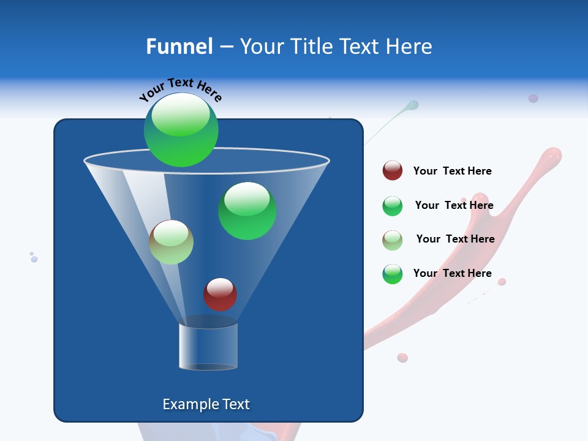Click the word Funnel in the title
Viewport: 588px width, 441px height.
click(x=179, y=47)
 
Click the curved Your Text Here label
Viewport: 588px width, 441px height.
click(x=181, y=89)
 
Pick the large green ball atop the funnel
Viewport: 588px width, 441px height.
click(x=181, y=130)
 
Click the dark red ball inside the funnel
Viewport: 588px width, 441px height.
click(x=220, y=294)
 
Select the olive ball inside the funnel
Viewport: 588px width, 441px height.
click(x=171, y=242)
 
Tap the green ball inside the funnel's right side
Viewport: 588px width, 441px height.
click(x=247, y=211)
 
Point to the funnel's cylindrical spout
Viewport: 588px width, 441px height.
click(x=208, y=346)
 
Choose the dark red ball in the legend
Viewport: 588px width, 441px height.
click(x=393, y=170)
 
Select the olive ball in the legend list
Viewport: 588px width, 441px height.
click(x=393, y=240)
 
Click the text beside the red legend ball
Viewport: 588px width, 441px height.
click(x=452, y=171)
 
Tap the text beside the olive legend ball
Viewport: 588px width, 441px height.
click(x=455, y=239)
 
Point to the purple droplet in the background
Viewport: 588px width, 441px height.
click(x=533, y=98)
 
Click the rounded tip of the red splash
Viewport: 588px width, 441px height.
click(x=552, y=154)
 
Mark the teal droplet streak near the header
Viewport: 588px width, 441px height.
click(x=411, y=106)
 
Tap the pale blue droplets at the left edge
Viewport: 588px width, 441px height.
click(x=34, y=258)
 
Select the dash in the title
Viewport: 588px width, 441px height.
click(x=225, y=47)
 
